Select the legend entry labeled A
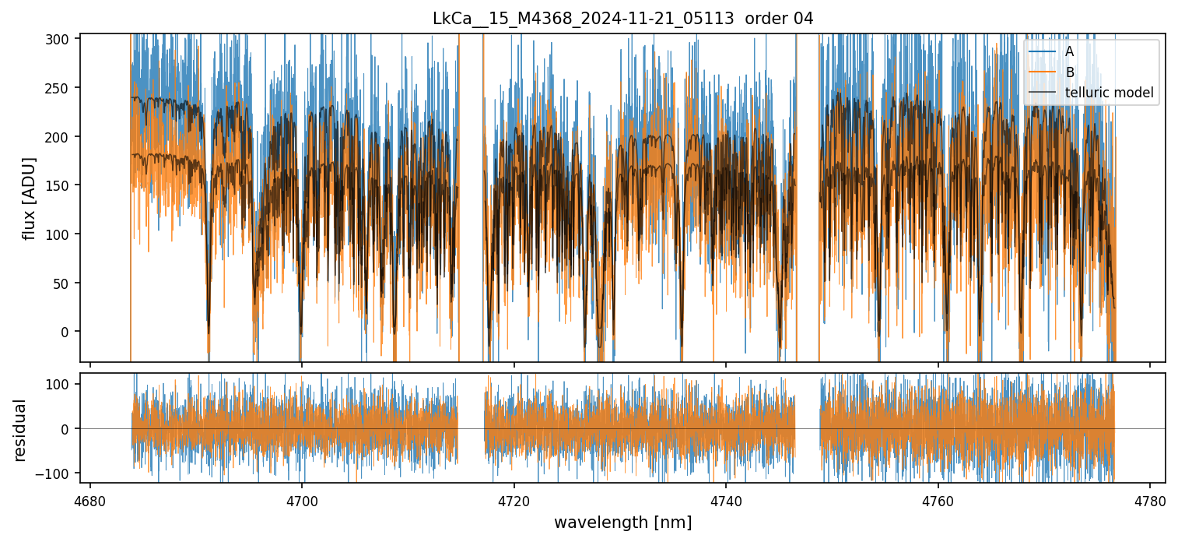(1070, 52)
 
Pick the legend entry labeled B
(1070, 72)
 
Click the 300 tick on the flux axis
(63, 39)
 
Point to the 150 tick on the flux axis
(63, 185)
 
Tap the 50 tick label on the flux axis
(66, 283)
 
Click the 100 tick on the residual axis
(63, 384)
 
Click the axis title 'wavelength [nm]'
(622, 522)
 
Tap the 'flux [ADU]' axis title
(30, 198)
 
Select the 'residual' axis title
(20, 430)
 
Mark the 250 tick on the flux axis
(63, 88)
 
